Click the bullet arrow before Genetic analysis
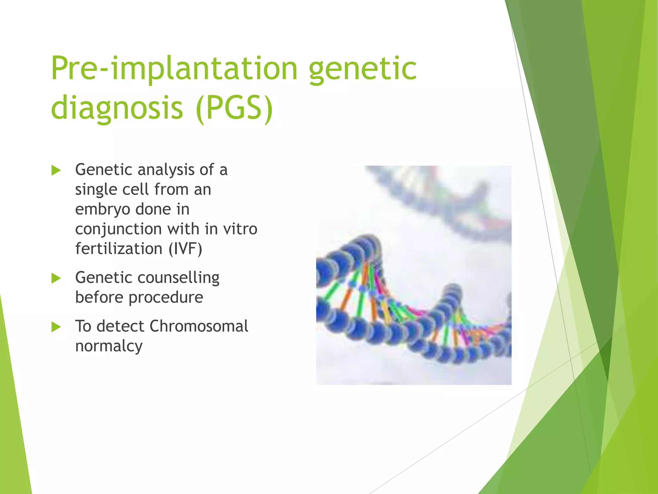(x=56, y=170)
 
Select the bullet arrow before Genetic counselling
(x=56, y=278)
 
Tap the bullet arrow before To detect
(x=56, y=327)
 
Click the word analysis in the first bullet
(x=166, y=170)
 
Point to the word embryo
(x=102, y=210)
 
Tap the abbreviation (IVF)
(x=185, y=249)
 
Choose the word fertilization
(x=119, y=249)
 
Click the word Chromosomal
(x=199, y=326)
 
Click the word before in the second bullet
(x=99, y=297)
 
